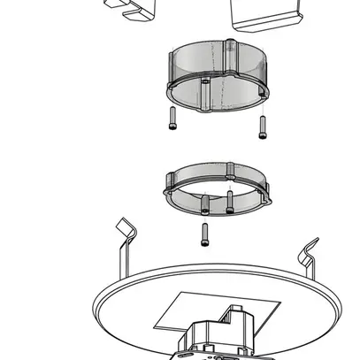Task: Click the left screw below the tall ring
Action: click(x=171, y=119)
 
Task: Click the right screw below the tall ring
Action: click(x=262, y=127)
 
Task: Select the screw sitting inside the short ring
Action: click(x=229, y=202)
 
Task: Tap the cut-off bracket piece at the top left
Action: click(x=128, y=10)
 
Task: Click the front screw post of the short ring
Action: click(x=205, y=203)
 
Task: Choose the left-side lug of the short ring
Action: click(x=168, y=187)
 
